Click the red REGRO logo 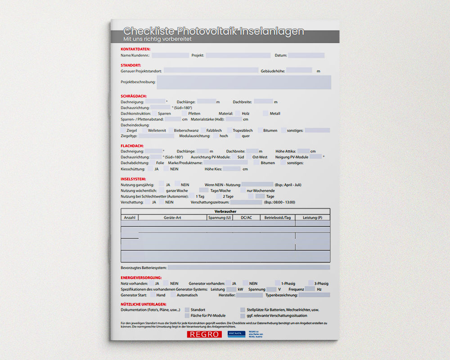(x=204, y=334)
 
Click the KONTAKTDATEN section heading (x=135, y=49)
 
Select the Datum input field (x=306, y=55)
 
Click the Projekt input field (x=238, y=55)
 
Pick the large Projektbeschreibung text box (x=244, y=82)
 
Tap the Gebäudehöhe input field (x=299, y=71)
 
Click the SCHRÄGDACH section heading (x=133, y=96)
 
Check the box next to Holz (x=237, y=113)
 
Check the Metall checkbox (x=265, y=113)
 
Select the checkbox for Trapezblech (x=229, y=130)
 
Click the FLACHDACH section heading (x=132, y=146)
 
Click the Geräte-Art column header (x=172, y=218)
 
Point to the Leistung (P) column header (x=312, y=218)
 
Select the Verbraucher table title (x=225, y=211)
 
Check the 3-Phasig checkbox (x=311, y=283)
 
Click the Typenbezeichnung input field (x=314, y=295)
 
